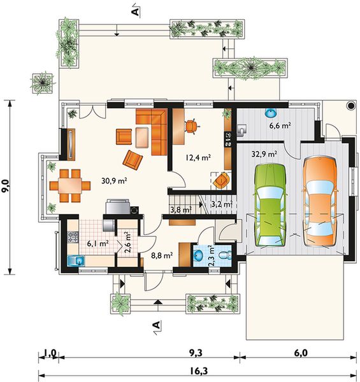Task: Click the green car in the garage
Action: (270, 206)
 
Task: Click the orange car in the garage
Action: (320, 202)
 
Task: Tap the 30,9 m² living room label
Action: (114, 181)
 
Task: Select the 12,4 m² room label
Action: (198, 158)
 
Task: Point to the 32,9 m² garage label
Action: (264, 154)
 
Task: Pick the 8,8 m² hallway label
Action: (162, 255)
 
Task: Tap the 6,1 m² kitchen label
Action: (97, 243)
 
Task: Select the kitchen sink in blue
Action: (76, 261)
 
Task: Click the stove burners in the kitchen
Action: (73, 237)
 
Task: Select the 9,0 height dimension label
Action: (5, 186)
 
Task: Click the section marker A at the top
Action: (136, 10)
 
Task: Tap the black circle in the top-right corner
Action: (351, 105)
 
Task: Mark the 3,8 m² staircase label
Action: (180, 209)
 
